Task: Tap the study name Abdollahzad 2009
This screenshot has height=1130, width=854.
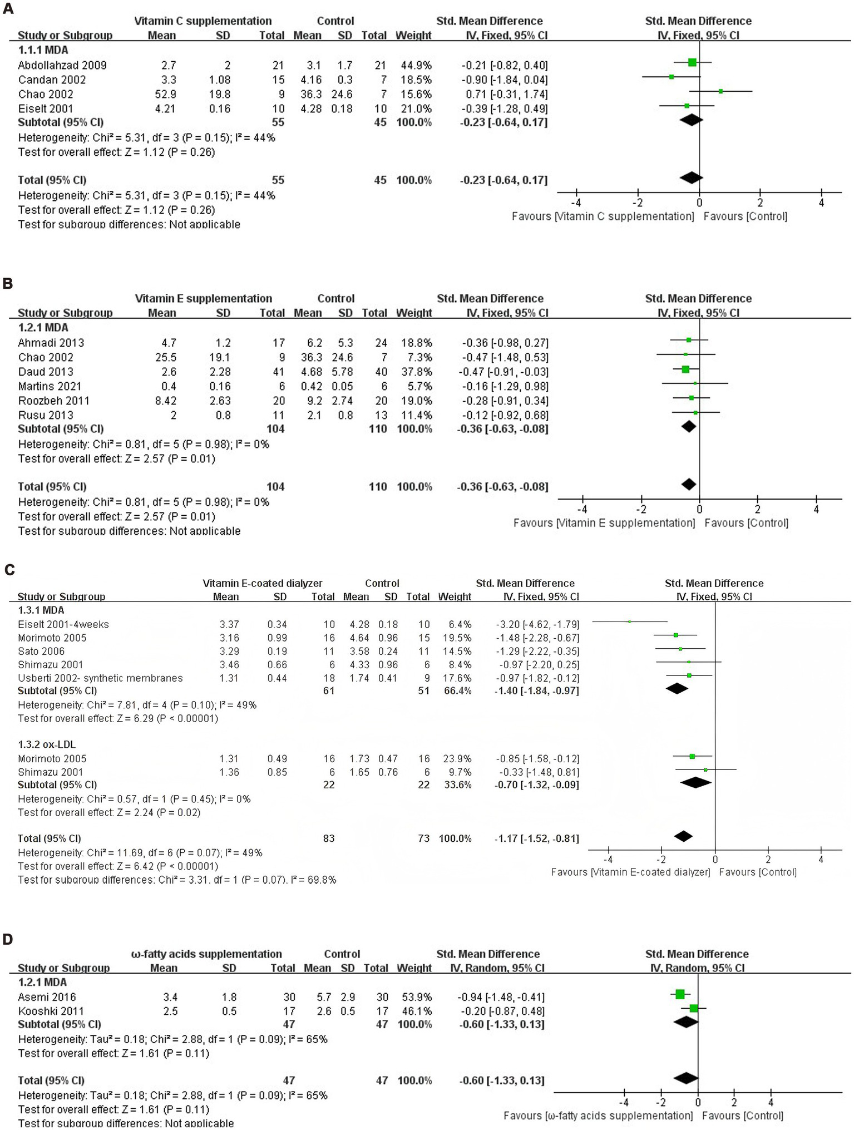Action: coord(62,65)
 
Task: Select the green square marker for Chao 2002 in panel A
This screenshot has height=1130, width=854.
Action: coord(720,91)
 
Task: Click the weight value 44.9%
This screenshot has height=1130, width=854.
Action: coord(413,65)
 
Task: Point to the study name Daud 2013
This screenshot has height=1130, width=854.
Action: coord(45,372)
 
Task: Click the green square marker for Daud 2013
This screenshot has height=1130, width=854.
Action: coord(685,369)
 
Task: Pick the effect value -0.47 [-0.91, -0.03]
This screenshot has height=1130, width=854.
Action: coord(502,372)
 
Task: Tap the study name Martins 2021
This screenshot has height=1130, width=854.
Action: coord(49,386)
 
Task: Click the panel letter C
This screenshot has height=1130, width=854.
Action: coord(8,570)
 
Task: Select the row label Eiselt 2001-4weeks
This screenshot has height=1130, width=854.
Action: coord(63,624)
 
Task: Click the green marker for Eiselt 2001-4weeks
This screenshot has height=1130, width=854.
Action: coord(629,621)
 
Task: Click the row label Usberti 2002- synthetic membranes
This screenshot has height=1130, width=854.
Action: coord(100,678)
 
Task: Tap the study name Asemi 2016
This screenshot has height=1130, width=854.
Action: coord(47,997)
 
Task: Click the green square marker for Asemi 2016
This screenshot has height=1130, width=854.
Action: coord(679,994)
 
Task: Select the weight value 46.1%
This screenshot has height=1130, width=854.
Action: coord(414,1011)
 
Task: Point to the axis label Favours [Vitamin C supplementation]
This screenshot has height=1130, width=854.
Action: coord(603,216)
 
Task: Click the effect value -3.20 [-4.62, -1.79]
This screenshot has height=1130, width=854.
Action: coord(537,624)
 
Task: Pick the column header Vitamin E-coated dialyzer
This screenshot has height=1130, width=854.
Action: coord(262,583)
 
